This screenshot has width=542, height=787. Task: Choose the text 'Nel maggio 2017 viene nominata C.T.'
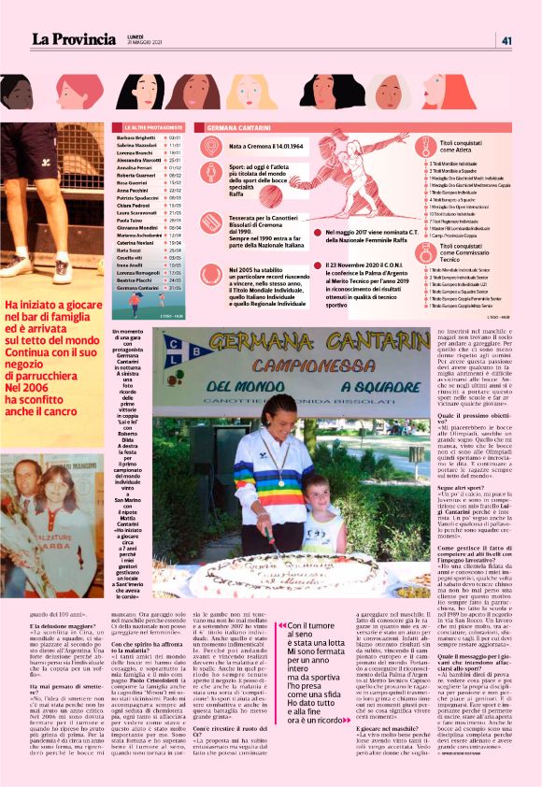370,232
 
